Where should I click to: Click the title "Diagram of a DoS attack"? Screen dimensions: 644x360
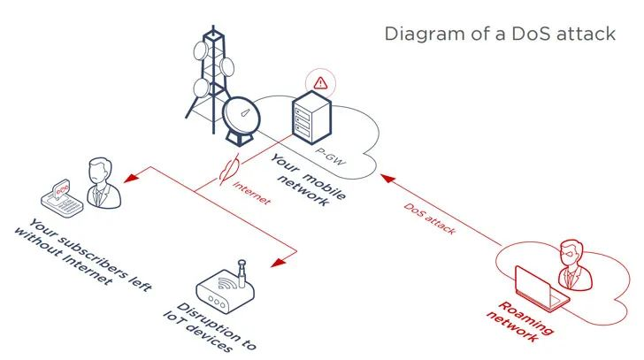click(500, 34)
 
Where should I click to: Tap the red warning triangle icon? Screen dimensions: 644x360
click(320, 83)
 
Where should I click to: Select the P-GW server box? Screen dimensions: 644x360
click(312, 118)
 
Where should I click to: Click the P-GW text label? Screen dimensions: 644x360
click(331, 157)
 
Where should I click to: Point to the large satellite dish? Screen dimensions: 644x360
click(241, 120)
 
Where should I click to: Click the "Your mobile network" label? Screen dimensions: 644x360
click(308, 180)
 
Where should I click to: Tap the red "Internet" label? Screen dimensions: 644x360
click(252, 193)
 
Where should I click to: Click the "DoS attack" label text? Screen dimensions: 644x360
click(430, 218)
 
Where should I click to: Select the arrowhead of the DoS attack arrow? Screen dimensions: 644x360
click(387, 179)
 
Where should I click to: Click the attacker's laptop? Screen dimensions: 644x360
click(540, 288)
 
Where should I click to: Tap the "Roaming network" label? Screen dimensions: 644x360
click(519, 321)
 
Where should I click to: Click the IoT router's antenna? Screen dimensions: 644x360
click(241, 273)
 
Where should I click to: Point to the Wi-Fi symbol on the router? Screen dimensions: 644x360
click(226, 283)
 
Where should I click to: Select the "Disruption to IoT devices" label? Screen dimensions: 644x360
click(210, 327)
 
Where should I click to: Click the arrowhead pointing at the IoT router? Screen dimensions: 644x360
click(279, 263)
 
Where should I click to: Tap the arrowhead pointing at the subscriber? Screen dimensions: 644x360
click(131, 178)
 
